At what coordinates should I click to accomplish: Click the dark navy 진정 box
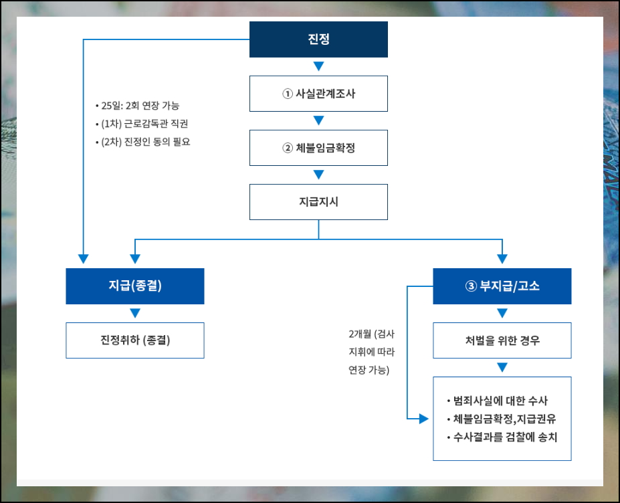(318, 39)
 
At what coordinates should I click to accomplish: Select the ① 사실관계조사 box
(318, 94)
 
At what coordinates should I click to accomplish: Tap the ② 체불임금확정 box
(318, 148)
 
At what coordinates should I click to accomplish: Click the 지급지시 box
(318, 202)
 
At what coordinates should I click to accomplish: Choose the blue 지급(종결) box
(134, 286)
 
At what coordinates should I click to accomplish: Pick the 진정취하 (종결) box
(134, 340)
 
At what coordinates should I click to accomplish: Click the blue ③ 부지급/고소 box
(502, 286)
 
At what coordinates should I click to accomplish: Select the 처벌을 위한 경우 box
(502, 340)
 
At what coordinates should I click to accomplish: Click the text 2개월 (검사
(371, 334)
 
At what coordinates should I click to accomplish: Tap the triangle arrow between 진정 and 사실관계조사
(318, 66)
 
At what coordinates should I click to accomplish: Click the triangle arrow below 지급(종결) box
(134, 313)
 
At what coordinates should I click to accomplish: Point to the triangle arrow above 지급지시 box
(318, 175)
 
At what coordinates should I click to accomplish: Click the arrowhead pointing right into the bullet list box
(423, 419)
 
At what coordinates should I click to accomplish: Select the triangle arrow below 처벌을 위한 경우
(502, 367)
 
